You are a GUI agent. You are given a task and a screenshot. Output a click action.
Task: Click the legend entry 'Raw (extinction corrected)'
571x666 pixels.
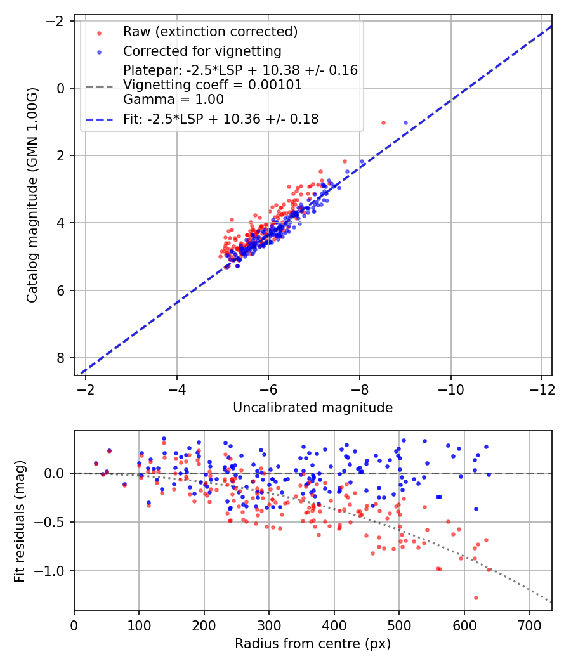210,32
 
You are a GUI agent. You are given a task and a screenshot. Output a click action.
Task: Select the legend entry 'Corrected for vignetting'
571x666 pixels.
202,51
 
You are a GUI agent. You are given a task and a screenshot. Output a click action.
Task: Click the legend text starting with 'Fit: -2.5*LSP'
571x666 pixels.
220,119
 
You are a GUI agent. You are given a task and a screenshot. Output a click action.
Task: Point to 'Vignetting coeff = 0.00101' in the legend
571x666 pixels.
213,85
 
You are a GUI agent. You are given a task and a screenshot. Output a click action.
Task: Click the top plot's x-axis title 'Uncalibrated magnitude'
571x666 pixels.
313,408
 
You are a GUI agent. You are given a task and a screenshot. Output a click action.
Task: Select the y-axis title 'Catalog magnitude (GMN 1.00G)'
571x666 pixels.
32,195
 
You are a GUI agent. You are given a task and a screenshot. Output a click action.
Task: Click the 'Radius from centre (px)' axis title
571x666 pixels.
313,644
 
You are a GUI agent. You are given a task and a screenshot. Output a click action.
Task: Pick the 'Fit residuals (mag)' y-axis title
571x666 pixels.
20,521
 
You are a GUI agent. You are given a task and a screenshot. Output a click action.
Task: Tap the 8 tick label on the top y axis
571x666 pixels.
62,358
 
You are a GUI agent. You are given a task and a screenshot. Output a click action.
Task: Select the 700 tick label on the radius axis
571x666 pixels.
528,625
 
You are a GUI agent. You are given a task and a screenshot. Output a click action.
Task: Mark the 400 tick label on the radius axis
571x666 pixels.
334,625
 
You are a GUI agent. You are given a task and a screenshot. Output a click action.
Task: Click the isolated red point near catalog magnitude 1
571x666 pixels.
383,122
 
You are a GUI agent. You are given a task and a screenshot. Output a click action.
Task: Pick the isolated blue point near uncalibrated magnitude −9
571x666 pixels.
405,122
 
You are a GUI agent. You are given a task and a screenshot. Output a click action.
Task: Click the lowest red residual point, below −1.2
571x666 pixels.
475,597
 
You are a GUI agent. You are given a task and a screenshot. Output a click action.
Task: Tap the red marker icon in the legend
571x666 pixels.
99,32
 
